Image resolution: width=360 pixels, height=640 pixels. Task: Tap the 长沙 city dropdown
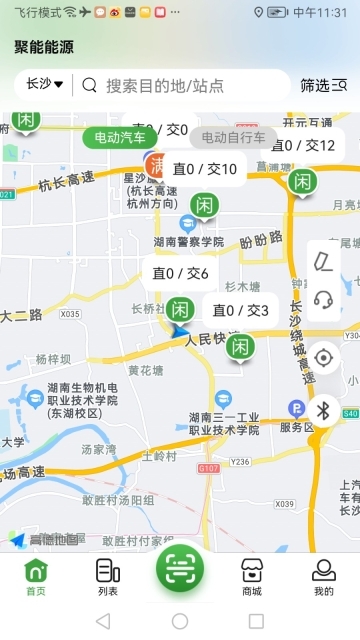pos(45,85)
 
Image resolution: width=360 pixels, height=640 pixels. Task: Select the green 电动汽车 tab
pos(120,137)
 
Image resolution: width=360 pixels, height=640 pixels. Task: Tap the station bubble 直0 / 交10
pos(204,169)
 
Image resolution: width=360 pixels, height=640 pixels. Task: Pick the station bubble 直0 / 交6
pos(180,273)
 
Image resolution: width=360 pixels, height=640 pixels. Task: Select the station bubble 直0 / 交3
pos(240,310)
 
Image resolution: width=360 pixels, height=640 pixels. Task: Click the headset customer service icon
pos(323,298)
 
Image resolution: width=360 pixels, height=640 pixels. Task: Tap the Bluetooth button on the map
pos(323,410)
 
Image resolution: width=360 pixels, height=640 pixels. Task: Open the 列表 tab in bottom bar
pos(108,577)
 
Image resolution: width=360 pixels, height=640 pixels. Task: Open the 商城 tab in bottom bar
pos(251,577)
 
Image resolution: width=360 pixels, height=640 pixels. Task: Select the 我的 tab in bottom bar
pos(323,577)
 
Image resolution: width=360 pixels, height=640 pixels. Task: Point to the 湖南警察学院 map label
pos(189,242)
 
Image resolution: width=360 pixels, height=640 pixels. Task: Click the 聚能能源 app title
pos(44,47)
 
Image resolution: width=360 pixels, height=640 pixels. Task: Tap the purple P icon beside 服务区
pos(296,407)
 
